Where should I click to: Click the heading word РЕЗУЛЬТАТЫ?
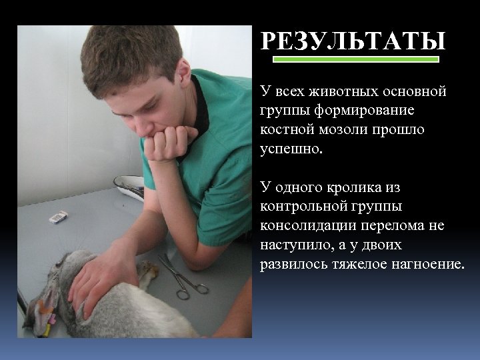point(353,42)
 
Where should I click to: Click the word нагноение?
point(427,264)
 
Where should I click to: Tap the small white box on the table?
point(59,216)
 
